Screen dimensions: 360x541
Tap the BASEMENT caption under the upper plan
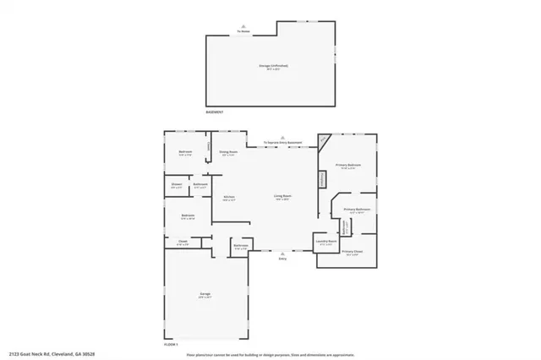[x=216, y=112]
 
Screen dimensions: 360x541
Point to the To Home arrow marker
[x=244, y=30]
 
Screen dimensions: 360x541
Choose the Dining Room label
[x=228, y=152]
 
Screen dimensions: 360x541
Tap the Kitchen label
[x=228, y=197]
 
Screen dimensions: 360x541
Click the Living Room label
[x=281, y=196]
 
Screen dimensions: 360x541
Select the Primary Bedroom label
[x=348, y=165]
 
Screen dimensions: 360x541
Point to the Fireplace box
[x=321, y=180]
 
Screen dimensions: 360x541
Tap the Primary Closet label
[x=352, y=252]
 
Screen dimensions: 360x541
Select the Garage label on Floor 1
[x=205, y=293]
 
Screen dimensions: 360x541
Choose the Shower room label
[x=177, y=184]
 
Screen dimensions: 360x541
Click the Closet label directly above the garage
[x=182, y=242]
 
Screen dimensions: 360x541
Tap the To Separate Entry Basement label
[x=283, y=143]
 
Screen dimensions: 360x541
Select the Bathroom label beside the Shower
[x=200, y=185]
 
